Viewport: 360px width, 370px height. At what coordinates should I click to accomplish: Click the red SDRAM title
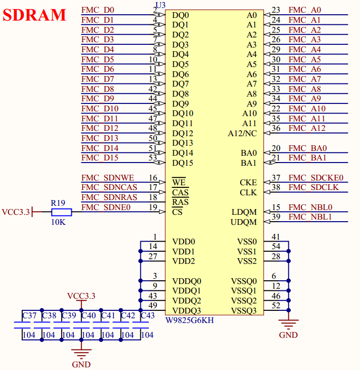pyautogui.click(x=35, y=15)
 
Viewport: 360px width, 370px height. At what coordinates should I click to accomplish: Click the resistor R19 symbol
pyautogui.click(x=61, y=212)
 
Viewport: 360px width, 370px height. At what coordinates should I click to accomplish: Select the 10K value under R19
pyautogui.click(x=58, y=222)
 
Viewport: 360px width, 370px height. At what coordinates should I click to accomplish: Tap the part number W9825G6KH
pyautogui.click(x=190, y=320)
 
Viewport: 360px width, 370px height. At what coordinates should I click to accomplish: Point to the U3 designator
pyautogui.click(x=160, y=5)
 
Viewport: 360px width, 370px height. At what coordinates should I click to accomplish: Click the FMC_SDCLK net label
pyautogui.click(x=314, y=187)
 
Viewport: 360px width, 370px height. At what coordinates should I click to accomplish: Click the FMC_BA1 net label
pyautogui.click(x=308, y=158)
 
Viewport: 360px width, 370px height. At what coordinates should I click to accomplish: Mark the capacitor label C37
pyautogui.click(x=29, y=316)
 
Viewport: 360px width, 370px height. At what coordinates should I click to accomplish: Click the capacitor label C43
pyautogui.click(x=147, y=316)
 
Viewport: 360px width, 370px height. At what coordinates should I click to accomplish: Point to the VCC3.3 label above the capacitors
pyautogui.click(x=81, y=296)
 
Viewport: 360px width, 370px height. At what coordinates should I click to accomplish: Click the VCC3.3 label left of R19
pyautogui.click(x=16, y=212)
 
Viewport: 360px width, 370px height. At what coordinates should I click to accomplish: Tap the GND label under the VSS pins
pyautogui.click(x=288, y=335)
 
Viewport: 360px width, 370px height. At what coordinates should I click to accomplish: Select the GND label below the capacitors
pyautogui.click(x=81, y=364)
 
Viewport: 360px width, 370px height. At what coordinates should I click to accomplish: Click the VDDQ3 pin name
pyautogui.click(x=186, y=310)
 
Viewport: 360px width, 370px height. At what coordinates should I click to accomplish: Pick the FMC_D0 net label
pyautogui.click(x=98, y=10)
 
